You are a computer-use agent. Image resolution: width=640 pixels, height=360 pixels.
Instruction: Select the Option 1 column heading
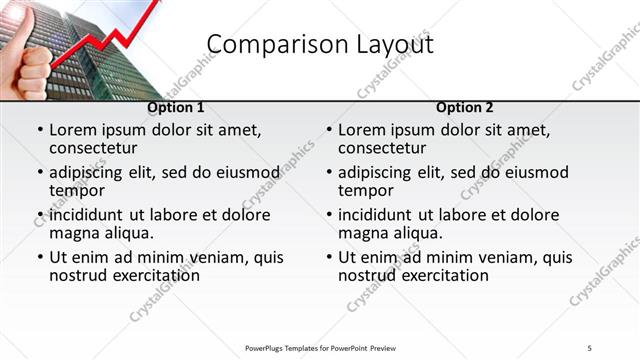coord(176,108)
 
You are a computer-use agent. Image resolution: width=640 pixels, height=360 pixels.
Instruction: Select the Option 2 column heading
coord(465,108)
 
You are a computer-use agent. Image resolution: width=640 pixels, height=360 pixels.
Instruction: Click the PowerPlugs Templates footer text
coord(321,347)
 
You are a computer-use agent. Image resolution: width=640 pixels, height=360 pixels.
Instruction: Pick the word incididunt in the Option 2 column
coord(381,215)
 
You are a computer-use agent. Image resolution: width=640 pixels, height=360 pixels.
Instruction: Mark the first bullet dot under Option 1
coord(40,130)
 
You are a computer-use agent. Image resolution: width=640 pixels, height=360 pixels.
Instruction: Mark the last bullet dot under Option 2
coord(329,257)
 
